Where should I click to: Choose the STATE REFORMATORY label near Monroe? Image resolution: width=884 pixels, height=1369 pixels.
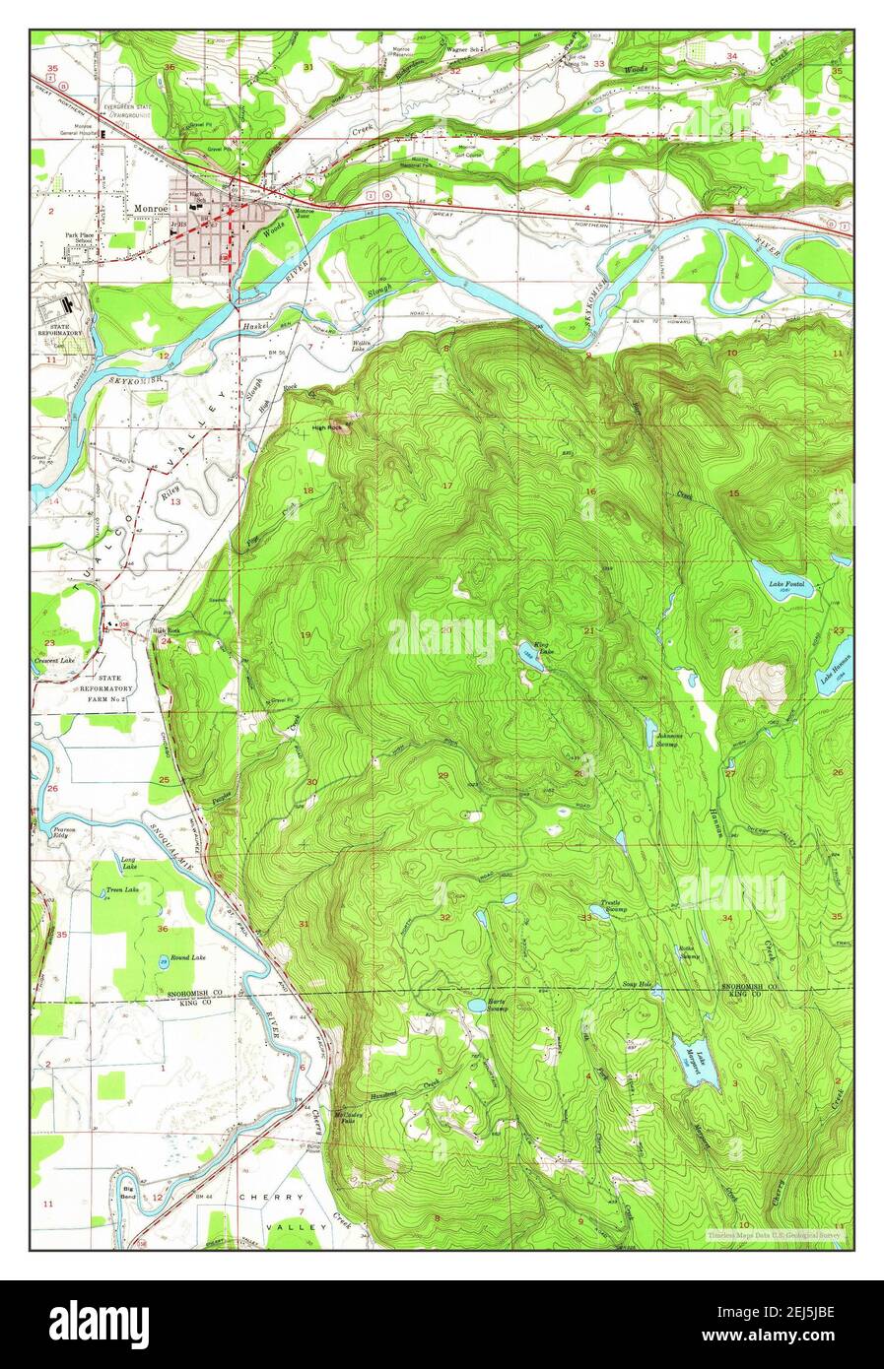[61, 328]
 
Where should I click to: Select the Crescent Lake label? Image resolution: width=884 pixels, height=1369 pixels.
[56, 660]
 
